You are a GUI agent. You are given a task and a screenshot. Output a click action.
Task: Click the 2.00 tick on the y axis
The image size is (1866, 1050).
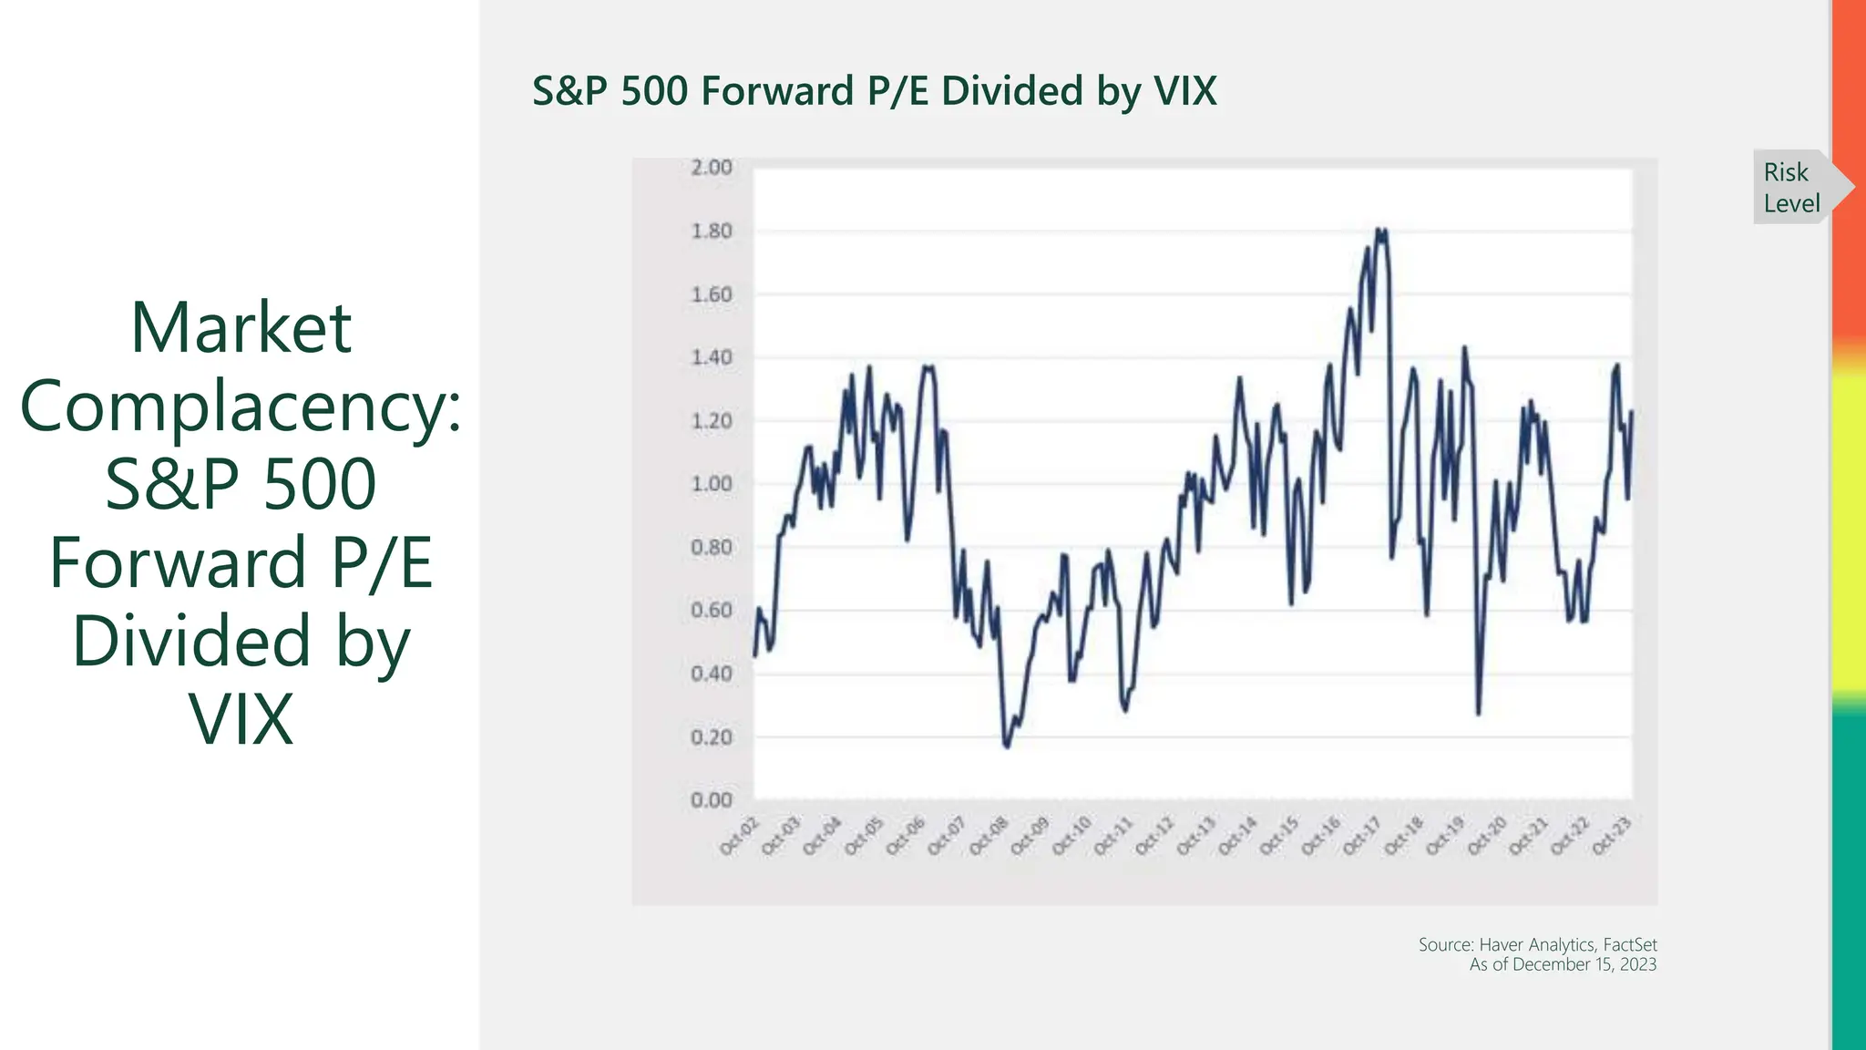[711, 168]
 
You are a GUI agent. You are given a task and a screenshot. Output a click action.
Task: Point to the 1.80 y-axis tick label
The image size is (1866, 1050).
[711, 232]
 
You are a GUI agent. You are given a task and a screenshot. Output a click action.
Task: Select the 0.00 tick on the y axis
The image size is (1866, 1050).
[711, 800]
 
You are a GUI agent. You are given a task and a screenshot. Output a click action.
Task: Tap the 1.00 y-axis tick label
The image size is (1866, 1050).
[711, 484]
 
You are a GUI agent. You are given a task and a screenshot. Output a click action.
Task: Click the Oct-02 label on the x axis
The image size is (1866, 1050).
[739, 836]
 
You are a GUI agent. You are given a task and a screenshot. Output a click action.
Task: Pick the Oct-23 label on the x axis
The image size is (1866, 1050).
[1612, 836]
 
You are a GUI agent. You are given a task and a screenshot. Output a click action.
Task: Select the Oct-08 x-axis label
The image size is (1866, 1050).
[989, 836]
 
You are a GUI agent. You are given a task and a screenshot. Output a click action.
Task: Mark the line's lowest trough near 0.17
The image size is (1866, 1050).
[1007, 746]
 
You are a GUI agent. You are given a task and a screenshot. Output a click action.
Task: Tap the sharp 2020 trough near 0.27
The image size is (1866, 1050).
[1478, 713]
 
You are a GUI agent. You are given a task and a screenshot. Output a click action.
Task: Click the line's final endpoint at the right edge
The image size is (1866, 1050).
[1631, 412]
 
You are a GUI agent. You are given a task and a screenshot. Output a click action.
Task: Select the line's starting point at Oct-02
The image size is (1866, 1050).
[754, 655]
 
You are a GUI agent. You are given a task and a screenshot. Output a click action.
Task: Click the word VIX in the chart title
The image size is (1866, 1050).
[1184, 91]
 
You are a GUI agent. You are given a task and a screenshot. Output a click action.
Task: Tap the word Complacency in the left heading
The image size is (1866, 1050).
[241, 407]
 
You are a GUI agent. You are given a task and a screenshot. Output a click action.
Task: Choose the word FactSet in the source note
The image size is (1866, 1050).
[1629, 944]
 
